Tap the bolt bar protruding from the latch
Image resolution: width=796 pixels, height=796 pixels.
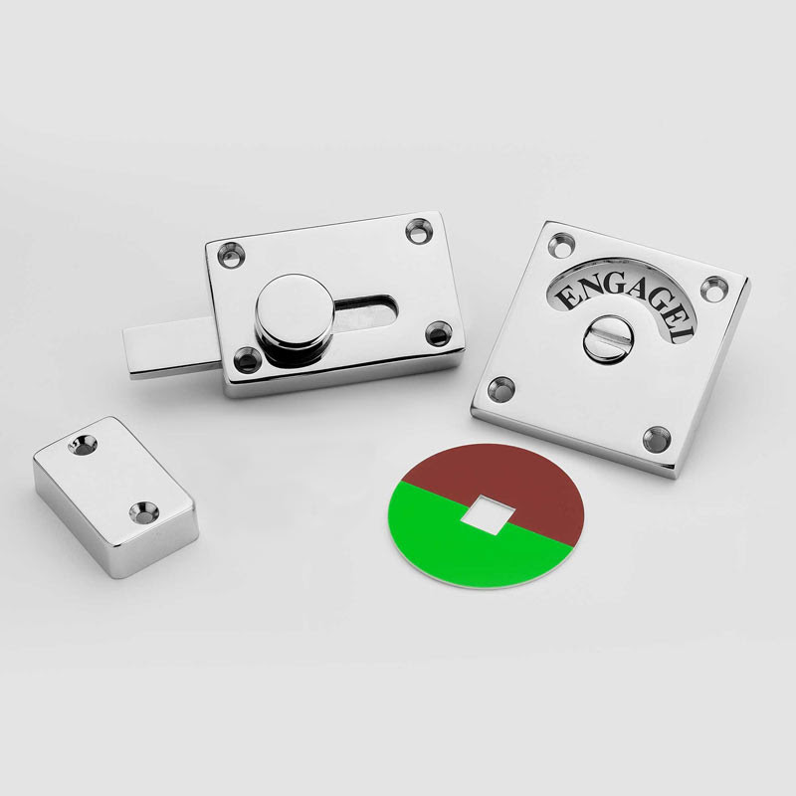[160, 348]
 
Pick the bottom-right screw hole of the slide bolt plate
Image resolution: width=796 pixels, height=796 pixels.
[438, 333]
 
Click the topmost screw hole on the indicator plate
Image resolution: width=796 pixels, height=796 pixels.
[563, 243]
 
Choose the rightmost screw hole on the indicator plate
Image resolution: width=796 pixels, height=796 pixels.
[713, 289]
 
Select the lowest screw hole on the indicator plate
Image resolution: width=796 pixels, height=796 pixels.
[656, 437]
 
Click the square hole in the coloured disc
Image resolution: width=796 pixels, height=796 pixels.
[485, 511]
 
